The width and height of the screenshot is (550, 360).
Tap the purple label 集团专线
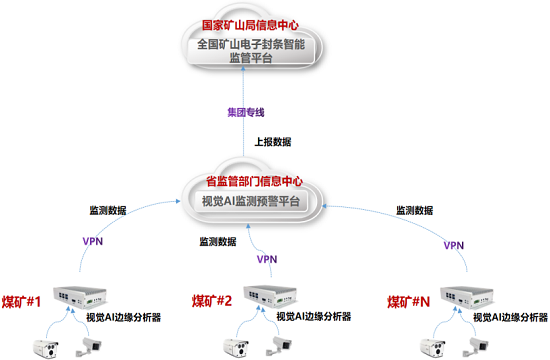click(x=240, y=111)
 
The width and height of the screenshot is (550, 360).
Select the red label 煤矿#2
click(x=211, y=300)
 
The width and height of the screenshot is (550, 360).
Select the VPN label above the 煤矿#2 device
click(x=267, y=259)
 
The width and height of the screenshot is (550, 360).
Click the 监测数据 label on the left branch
click(x=108, y=211)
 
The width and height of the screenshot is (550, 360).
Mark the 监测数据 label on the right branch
click(x=416, y=211)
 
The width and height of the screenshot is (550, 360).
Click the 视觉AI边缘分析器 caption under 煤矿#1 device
click(x=125, y=317)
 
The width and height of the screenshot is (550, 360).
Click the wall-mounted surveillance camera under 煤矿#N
click(x=478, y=342)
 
